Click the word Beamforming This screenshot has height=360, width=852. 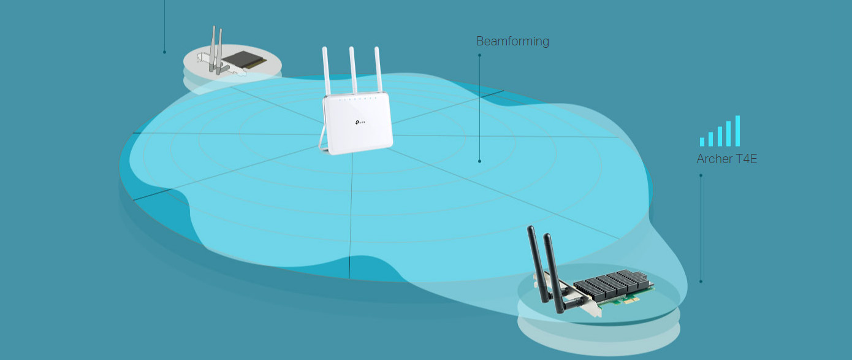point(512,41)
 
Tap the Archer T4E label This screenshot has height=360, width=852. point(727,159)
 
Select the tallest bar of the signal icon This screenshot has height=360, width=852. point(737,131)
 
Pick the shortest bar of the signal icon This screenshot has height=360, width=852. point(702,142)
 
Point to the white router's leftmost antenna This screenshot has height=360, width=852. point(326,71)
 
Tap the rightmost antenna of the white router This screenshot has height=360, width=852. point(378,69)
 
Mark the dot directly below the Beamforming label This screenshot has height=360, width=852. point(479,55)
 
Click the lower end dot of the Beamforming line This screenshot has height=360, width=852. point(479,161)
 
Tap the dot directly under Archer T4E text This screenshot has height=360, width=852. point(701,175)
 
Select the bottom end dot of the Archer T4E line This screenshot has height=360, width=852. point(701,281)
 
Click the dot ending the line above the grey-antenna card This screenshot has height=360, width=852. point(164,52)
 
